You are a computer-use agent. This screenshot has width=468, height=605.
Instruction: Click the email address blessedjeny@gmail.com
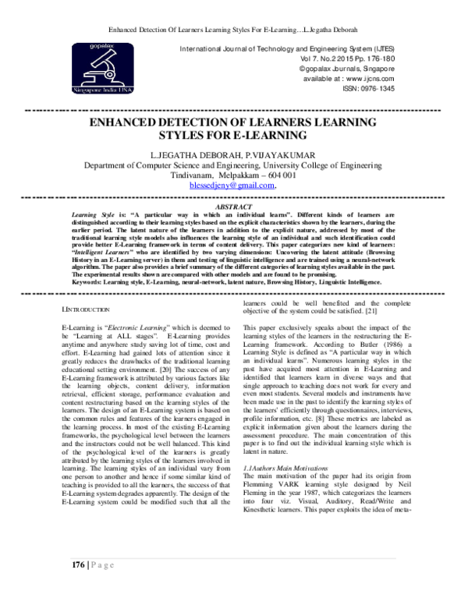pyautogui.click(x=232, y=186)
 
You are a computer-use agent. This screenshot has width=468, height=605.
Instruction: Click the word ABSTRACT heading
pyautogui.click(x=233, y=207)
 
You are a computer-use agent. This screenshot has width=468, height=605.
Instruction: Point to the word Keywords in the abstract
pyautogui.click(x=84, y=282)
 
